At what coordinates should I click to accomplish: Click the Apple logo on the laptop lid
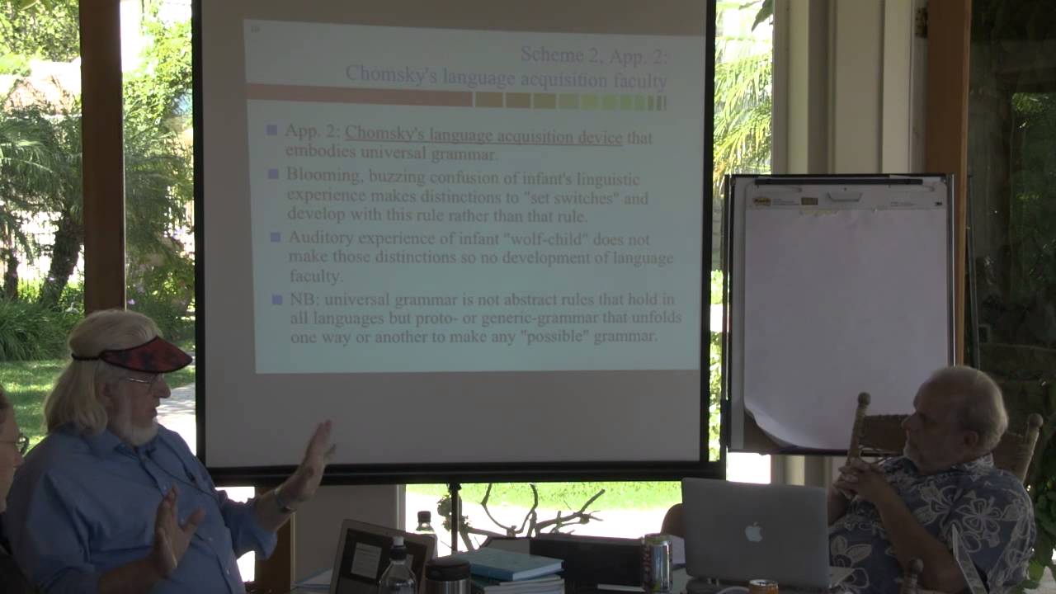(753, 531)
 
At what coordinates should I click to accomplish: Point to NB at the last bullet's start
(303, 299)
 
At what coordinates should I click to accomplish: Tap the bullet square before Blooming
(274, 174)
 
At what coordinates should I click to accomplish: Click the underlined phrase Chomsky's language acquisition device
(483, 137)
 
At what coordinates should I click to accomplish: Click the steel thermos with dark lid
(446, 575)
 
